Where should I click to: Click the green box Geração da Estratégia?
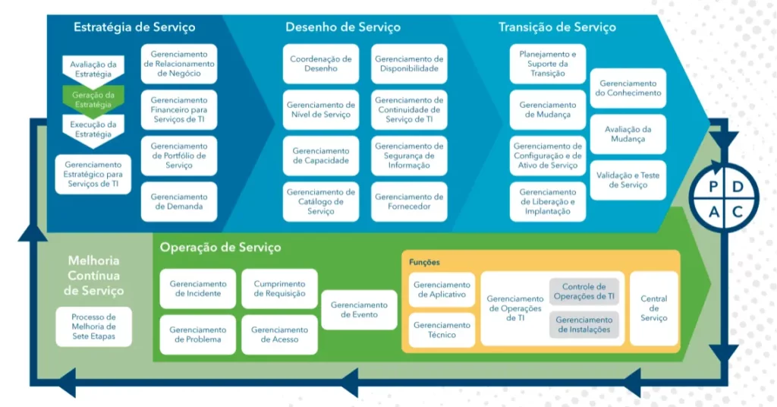pyautogui.click(x=93, y=99)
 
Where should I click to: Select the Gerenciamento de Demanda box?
pyautogui.click(x=179, y=202)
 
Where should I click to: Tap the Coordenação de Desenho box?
pyautogui.click(x=321, y=64)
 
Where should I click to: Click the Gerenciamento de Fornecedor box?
pyautogui.click(x=409, y=202)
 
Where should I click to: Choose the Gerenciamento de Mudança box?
pyautogui.click(x=548, y=110)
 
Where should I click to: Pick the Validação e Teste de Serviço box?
pyautogui.click(x=628, y=180)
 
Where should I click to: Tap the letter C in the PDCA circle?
pyautogui.click(x=737, y=211)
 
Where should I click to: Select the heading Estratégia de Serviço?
pyautogui.click(x=134, y=27)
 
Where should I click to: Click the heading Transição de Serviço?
pyautogui.click(x=557, y=27)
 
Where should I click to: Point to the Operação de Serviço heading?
pyautogui.click(x=220, y=248)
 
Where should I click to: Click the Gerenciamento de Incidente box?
pyautogui.click(x=197, y=289)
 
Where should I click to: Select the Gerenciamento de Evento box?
pyautogui.click(x=359, y=310)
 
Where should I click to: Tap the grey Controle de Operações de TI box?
pyautogui.click(x=584, y=292)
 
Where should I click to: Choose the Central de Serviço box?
pyautogui.click(x=654, y=308)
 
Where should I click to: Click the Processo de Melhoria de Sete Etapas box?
pyautogui.click(x=93, y=327)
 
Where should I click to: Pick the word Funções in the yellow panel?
pyautogui.click(x=425, y=262)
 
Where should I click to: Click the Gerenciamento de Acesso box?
pyautogui.click(x=279, y=335)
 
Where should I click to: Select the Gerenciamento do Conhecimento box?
pyautogui.click(x=628, y=88)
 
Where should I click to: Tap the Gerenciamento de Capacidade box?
pyautogui.click(x=321, y=156)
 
